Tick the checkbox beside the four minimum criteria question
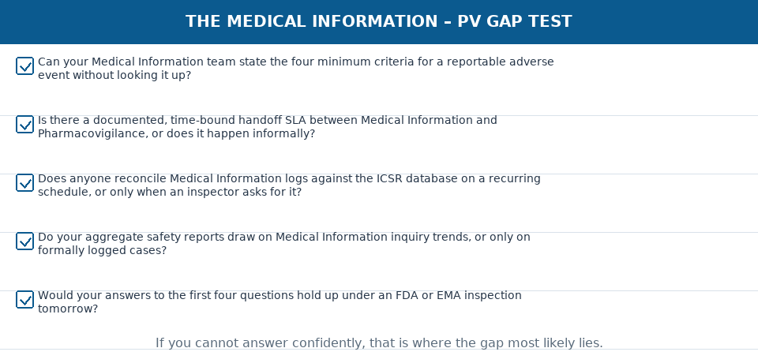click(24, 65)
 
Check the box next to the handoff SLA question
click(24, 124)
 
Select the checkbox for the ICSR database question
click(24, 183)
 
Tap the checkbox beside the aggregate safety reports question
click(24, 241)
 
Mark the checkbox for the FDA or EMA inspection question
click(24, 300)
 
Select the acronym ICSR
click(389, 179)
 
